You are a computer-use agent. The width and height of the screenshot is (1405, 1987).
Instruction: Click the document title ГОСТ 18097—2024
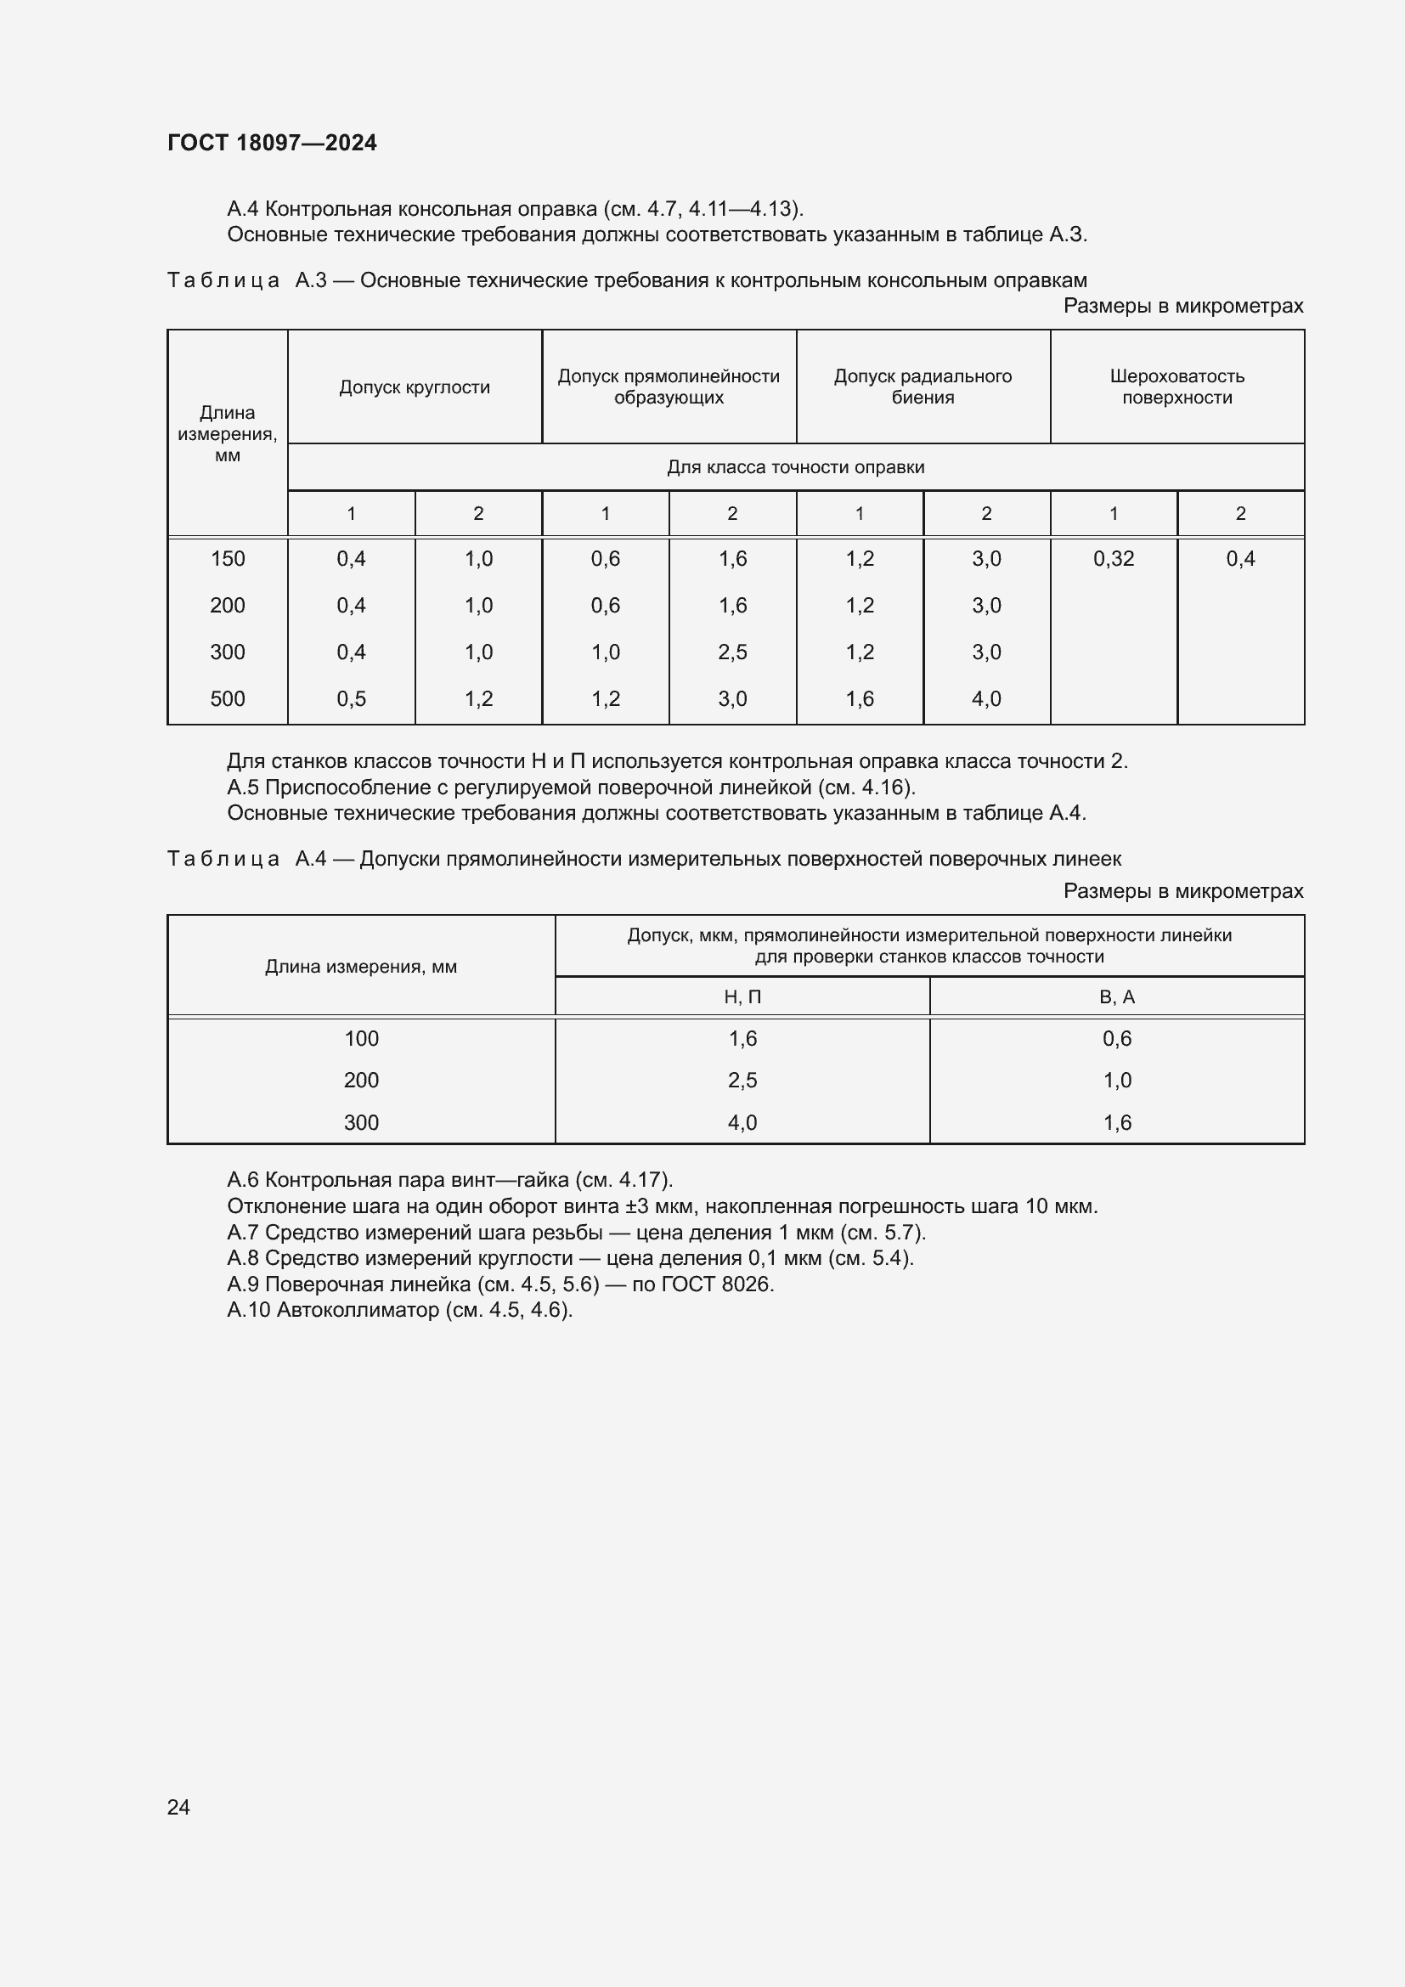272,143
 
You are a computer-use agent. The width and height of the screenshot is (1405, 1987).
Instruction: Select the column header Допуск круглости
415,387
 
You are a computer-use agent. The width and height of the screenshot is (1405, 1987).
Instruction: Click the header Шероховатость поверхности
1176,387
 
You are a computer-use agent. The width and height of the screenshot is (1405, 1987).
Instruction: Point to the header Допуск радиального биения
923,387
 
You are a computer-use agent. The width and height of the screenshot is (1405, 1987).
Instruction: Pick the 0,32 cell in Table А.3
1113,559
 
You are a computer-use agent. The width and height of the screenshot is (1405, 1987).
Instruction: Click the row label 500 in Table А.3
228,698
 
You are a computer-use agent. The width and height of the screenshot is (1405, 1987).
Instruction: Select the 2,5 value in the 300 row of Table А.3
732,652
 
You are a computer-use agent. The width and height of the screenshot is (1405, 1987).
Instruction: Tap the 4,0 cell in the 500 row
985,698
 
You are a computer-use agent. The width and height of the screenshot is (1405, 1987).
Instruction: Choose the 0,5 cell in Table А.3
352,698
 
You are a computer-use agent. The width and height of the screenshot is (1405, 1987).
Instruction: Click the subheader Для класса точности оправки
795,467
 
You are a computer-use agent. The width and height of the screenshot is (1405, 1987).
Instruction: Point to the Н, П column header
742,997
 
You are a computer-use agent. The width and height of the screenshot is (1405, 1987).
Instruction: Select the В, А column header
1116,997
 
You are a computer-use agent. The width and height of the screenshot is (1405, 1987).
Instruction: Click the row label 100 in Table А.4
361,1038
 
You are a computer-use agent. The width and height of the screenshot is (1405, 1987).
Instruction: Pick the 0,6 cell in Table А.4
1116,1038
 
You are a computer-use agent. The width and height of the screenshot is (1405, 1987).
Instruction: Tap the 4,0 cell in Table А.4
742,1122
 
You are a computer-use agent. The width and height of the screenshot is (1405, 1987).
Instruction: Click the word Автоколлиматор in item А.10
358,1309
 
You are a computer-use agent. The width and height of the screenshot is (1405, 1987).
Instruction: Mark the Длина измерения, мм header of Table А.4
361,967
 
